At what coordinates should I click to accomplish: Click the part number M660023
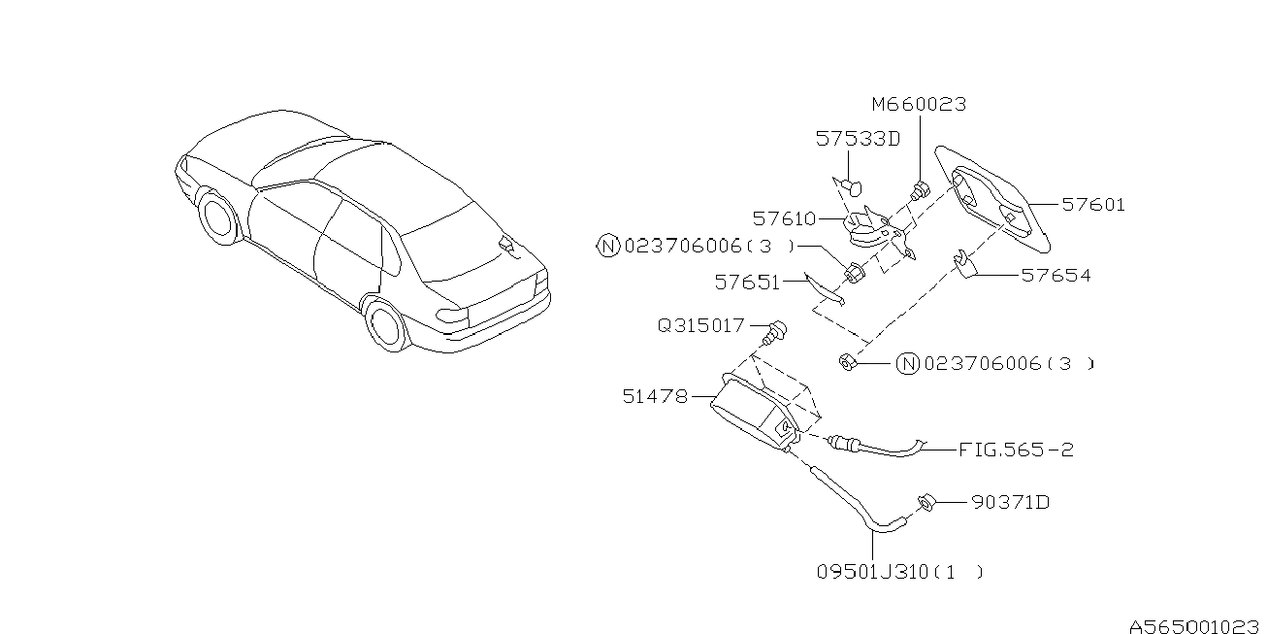click(x=918, y=105)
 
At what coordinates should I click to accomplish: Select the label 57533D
click(x=857, y=140)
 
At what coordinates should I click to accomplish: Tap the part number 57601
click(x=1092, y=205)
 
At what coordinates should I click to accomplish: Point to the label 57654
click(x=1056, y=276)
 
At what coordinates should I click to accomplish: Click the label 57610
click(x=784, y=219)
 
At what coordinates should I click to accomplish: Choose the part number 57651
click(x=747, y=283)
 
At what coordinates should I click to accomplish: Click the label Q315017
click(x=700, y=326)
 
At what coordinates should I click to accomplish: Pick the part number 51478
click(x=656, y=396)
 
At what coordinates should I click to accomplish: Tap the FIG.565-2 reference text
click(x=1016, y=450)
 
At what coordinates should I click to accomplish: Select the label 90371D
click(x=1009, y=503)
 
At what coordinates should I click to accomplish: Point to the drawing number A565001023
click(x=1194, y=626)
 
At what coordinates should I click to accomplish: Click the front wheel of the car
click(x=217, y=218)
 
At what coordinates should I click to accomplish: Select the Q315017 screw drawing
click(x=775, y=332)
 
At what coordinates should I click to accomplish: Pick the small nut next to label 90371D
click(x=925, y=503)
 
